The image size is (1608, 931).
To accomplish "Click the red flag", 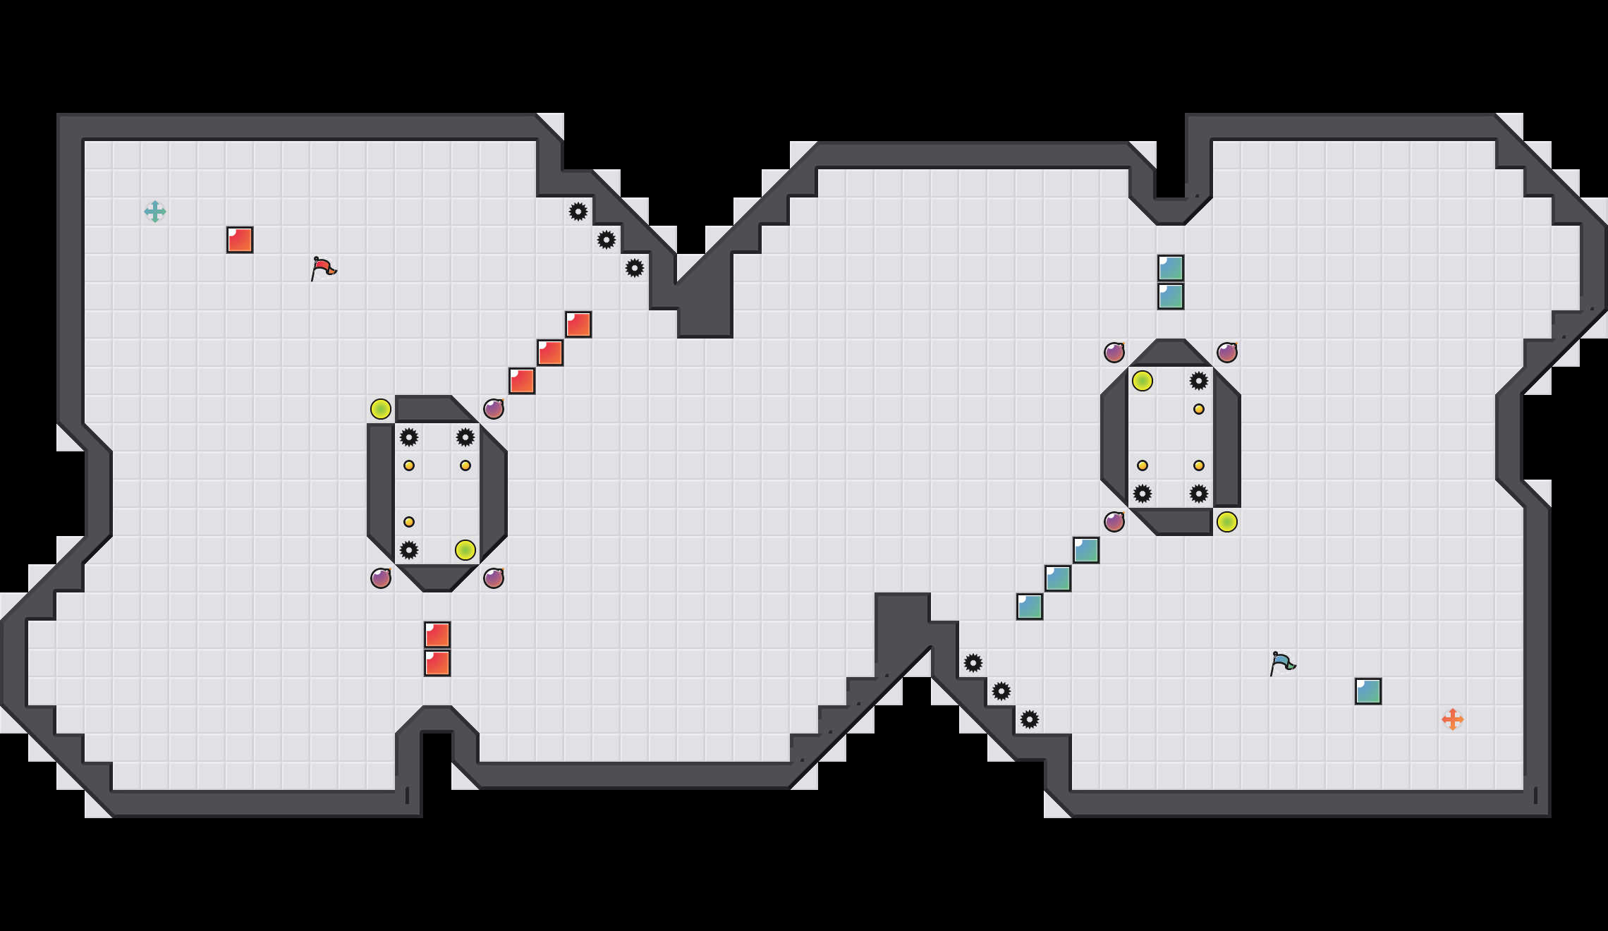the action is (323, 268).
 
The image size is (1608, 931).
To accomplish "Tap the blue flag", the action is (1282, 663).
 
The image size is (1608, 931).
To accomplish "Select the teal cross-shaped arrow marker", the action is (155, 212).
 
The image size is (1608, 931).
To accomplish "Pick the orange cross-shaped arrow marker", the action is (1453, 719).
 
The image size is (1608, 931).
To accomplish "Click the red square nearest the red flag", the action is (240, 240).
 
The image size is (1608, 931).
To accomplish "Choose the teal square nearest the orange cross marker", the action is (1368, 691).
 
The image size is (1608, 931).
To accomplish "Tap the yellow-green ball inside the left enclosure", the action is (465, 550).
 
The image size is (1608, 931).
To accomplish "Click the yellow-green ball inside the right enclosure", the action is (1143, 381).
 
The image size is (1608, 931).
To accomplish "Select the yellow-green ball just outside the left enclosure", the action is (381, 409).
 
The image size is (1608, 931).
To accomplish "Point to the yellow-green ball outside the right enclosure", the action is (1227, 522).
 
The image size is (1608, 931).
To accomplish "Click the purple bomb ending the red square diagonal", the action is (494, 409).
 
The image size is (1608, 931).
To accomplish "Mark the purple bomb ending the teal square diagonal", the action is (1114, 522).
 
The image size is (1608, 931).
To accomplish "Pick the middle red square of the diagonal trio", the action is (550, 353).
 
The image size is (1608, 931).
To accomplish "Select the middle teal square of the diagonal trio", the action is (1058, 578).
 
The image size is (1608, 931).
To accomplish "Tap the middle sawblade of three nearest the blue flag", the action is (1001, 691).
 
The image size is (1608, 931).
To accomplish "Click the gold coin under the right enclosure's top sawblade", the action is (1199, 409).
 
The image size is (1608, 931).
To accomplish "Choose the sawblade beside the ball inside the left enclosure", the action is (409, 550).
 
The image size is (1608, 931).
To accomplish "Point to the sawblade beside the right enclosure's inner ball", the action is (1199, 381).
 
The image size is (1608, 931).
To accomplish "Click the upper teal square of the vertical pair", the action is (1171, 268).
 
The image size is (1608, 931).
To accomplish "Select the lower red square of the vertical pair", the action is (437, 663).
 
